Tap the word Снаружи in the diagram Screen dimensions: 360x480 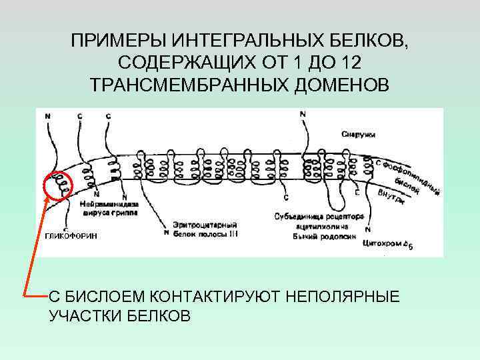tap(358, 134)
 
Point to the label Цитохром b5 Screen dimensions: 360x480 tap(388, 245)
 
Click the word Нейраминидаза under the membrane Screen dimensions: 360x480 tap(107, 205)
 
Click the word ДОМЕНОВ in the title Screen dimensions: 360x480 tap(333, 84)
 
